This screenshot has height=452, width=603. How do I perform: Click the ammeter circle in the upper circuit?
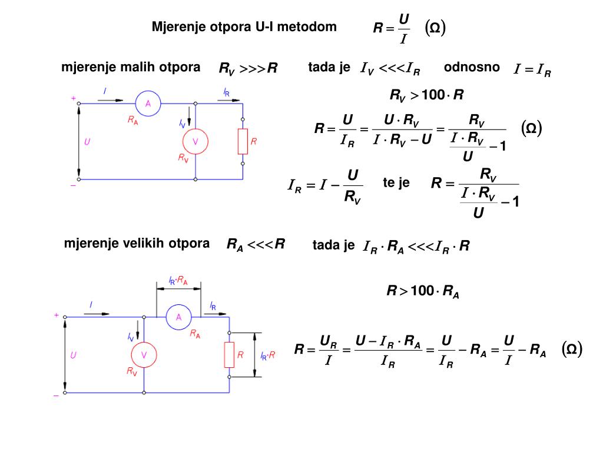pyautogui.click(x=148, y=104)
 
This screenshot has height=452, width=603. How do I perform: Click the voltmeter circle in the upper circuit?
pyautogui.click(x=195, y=141)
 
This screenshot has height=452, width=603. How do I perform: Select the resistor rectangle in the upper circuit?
pyautogui.click(x=243, y=141)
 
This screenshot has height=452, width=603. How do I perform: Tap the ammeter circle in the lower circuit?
pyautogui.click(x=179, y=317)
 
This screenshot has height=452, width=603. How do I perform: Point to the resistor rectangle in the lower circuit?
pyautogui.click(x=230, y=355)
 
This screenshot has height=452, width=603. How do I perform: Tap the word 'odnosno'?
pyautogui.click(x=472, y=67)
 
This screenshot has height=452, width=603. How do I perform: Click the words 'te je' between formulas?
pyautogui.click(x=396, y=183)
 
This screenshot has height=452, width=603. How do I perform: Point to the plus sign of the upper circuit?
pyautogui.click(x=74, y=99)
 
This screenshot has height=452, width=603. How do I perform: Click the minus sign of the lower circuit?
pyautogui.click(x=57, y=396)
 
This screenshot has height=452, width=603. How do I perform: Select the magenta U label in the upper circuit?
pyautogui.click(x=87, y=142)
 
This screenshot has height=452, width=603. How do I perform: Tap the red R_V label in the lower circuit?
pyautogui.click(x=132, y=371)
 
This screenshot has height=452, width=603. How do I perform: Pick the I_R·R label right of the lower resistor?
pyautogui.click(x=268, y=355)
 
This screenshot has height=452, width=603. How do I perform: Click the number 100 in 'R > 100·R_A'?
pyautogui.click(x=422, y=290)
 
